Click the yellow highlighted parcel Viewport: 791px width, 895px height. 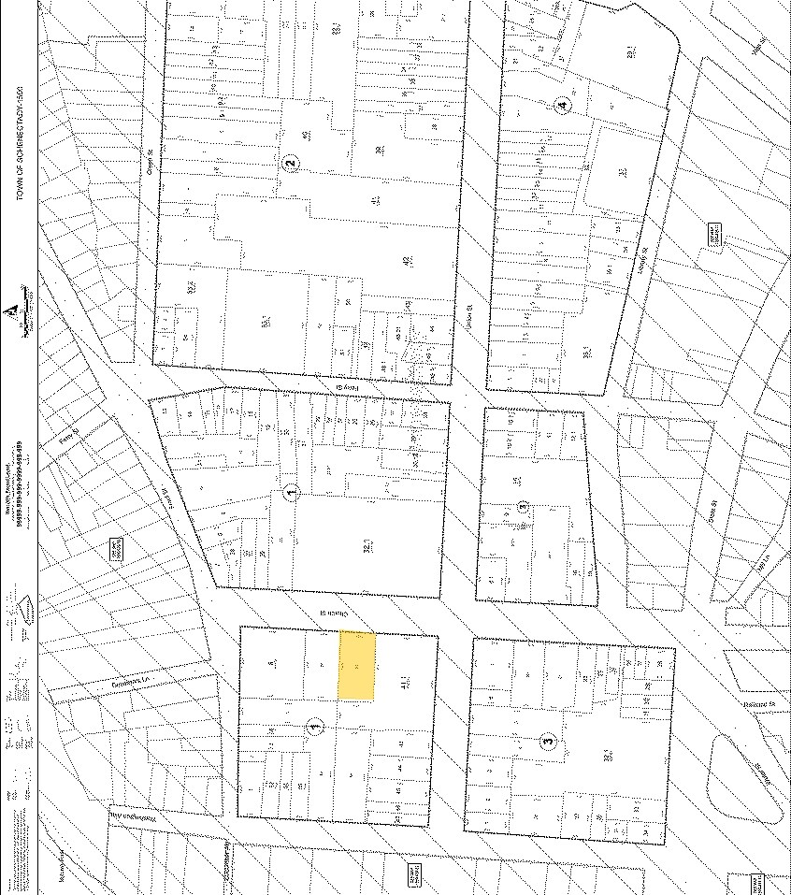(356, 666)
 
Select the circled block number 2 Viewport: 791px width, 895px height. (291, 162)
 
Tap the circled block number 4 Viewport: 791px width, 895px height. (561, 104)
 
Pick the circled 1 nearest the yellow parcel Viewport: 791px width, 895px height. (315, 725)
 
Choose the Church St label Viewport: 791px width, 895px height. (331, 611)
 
